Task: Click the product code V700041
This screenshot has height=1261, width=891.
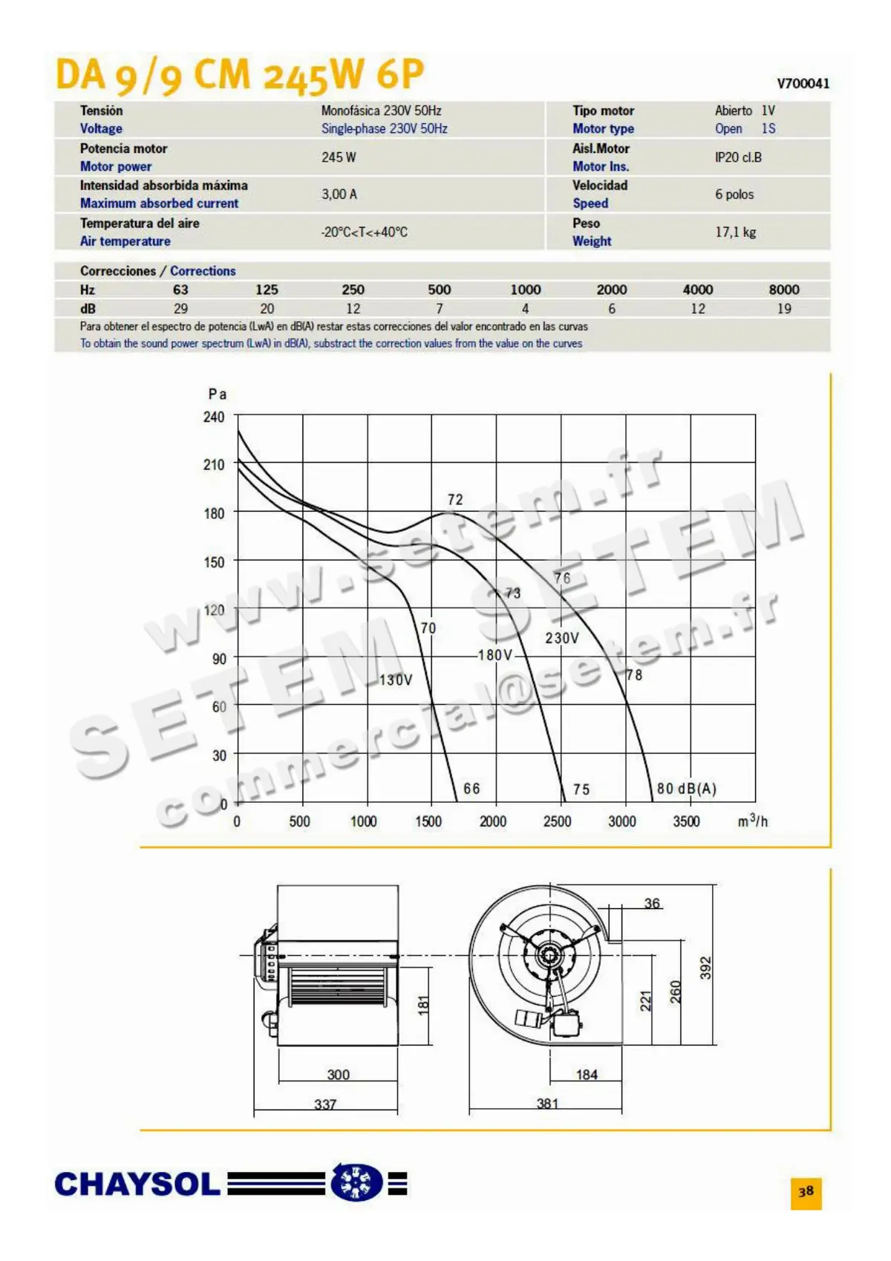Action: click(803, 84)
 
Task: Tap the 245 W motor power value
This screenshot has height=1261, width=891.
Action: click(339, 157)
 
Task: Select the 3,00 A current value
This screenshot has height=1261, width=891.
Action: click(339, 195)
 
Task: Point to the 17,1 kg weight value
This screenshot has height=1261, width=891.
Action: click(735, 232)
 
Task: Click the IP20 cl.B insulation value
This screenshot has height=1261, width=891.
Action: click(738, 157)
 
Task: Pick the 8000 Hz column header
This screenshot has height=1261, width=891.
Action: click(784, 290)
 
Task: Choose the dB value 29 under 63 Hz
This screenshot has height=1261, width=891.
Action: click(180, 309)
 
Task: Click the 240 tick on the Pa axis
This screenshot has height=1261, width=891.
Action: click(214, 417)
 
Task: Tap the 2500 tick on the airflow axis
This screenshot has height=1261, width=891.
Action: click(557, 821)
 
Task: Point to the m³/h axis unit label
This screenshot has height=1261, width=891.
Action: click(753, 821)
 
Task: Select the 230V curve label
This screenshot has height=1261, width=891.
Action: click(562, 638)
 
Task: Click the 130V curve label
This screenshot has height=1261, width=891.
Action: click(396, 680)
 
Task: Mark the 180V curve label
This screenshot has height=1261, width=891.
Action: click(495, 655)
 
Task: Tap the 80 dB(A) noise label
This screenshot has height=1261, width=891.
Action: click(686, 789)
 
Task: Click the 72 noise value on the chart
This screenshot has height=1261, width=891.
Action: click(455, 500)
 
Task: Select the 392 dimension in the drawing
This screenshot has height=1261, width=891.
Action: click(705, 968)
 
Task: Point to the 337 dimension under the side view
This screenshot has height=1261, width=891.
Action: click(325, 1104)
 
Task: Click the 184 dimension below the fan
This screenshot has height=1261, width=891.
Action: click(587, 1075)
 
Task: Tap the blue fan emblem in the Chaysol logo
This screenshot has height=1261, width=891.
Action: click(356, 1182)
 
